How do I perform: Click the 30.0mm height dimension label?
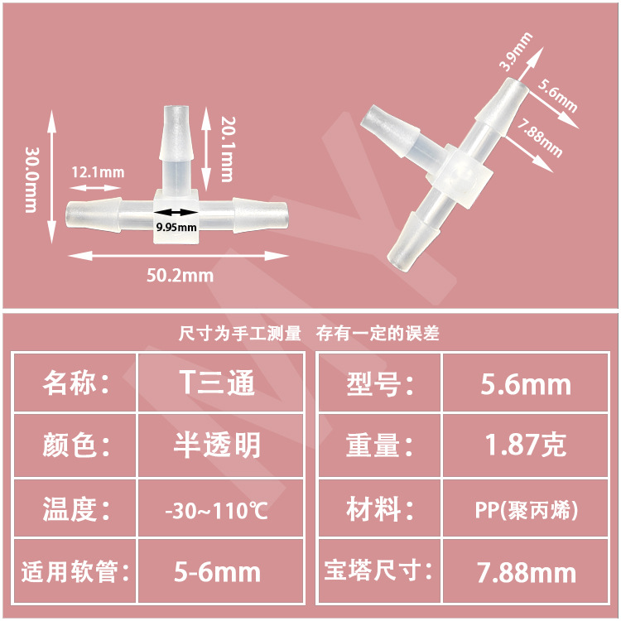(x=31, y=180)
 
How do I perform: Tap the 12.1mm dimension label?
(x=97, y=172)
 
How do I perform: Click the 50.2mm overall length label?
(x=180, y=275)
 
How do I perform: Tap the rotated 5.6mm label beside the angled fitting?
(x=557, y=96)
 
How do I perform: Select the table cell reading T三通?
(x=217, y=383)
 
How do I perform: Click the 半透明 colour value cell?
(x=217, y=445)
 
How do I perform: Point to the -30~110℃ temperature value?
(x=217, y=509)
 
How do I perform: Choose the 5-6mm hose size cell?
(x=217, y=571)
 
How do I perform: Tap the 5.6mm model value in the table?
(x=526, y=383)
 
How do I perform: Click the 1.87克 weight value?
(x=526, y=445)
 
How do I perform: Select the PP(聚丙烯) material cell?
(x=526, y=509)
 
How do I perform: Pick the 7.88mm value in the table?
(x=526, y=571)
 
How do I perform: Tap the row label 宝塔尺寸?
(x=378, y=571)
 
